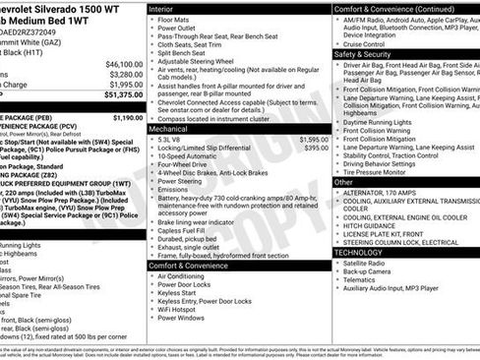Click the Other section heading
tap(343, 182)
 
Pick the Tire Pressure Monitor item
tap(385, 171)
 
